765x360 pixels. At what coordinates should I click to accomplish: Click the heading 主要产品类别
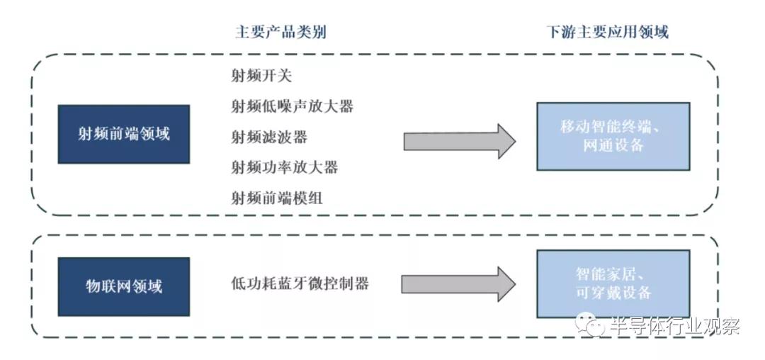coord(280,33)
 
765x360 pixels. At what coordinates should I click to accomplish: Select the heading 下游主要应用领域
coord(608,33)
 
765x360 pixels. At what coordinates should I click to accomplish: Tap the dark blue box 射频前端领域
coord(124,134)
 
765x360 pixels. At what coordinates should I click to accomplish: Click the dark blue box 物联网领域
coord(124,286)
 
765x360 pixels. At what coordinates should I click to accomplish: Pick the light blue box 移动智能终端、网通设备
coord(613,136)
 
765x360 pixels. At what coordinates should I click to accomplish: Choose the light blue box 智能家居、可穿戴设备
coord(613,283)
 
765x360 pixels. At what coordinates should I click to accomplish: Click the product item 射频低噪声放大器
coord(291,106)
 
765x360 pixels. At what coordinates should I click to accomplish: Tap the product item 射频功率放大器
coord(283,167)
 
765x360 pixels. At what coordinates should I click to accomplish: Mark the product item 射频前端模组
coord(276,198)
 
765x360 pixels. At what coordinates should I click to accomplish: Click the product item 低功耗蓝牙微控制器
coord(300,284)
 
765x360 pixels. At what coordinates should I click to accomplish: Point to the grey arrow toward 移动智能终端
coord(459,141)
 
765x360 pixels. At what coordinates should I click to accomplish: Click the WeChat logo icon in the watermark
coord(589,326)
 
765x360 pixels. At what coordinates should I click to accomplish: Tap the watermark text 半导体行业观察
coord(674,326)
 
